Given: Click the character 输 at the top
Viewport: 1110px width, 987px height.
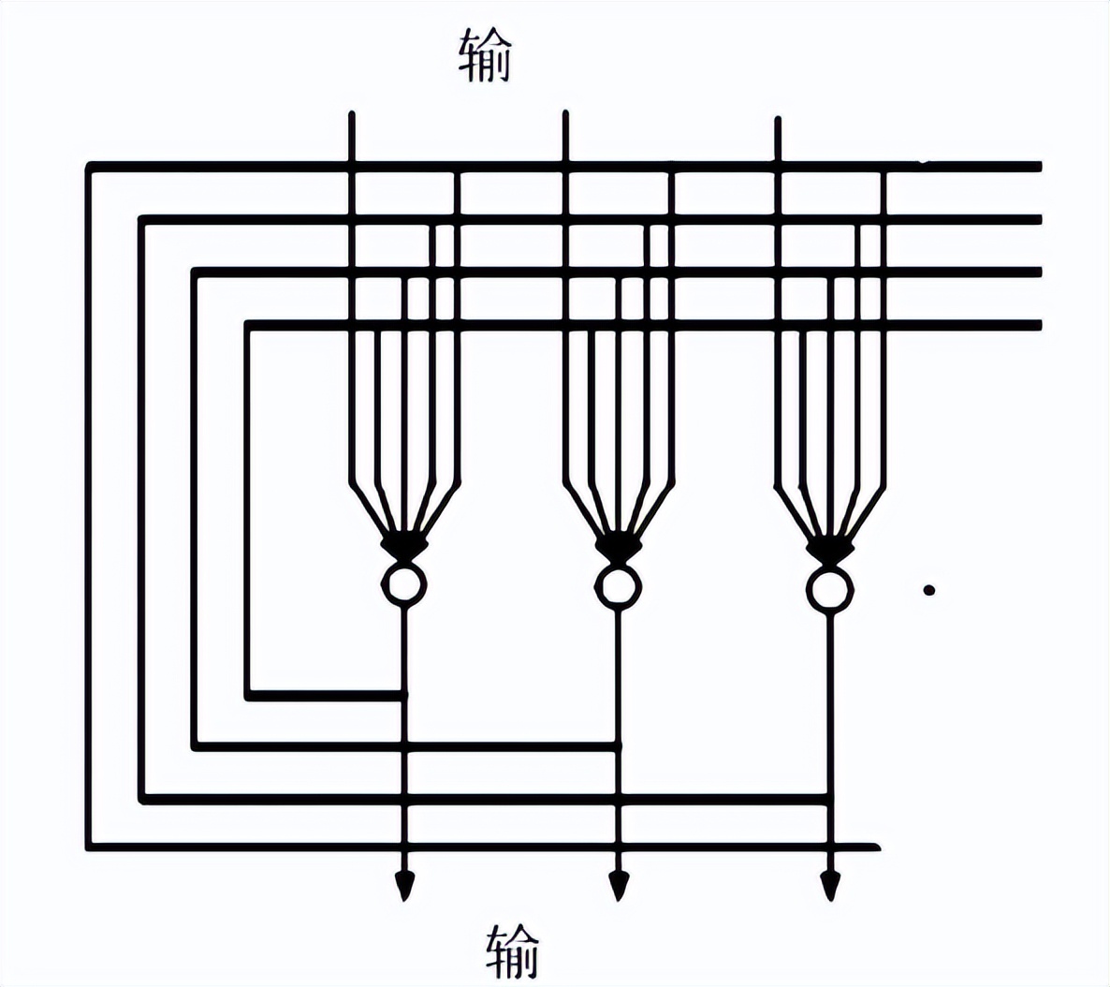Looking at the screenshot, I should (x=486, y=55).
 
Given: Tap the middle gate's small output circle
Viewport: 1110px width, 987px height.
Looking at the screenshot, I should (x=617, y=587).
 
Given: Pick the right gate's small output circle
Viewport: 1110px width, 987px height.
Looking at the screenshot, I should (x=829, y=589).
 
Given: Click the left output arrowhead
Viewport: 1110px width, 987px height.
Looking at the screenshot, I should (x=404, y=884).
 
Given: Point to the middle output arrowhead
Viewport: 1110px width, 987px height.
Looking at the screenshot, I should (x=618, y=884).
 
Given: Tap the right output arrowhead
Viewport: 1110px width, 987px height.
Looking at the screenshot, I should (x=830, y=884).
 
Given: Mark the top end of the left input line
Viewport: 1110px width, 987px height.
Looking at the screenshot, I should (x=352, y=115).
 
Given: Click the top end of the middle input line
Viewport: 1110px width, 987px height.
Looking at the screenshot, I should (x=564, y=113).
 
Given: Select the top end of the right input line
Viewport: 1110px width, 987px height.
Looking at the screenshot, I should (x=777, y=120).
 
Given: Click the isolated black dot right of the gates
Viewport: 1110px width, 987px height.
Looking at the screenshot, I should (x=928, y=590).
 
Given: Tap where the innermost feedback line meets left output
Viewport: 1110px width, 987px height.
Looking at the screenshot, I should (x=404, y=696).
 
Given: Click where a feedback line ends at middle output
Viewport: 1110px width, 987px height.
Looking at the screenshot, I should (x=617, y=746).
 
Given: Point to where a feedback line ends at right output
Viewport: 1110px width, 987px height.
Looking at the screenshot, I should (x=829, y=798).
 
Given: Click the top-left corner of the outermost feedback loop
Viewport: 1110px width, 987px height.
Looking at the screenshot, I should (x=90, y=167).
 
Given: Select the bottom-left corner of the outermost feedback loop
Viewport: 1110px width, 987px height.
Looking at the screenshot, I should (x=90, y=847).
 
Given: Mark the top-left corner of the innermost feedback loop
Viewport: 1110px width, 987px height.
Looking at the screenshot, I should (x=248, y=325).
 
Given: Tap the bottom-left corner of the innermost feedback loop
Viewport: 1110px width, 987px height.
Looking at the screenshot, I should (x=248, y=696).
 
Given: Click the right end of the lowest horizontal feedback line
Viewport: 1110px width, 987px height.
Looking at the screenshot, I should (x=877, y=847).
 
